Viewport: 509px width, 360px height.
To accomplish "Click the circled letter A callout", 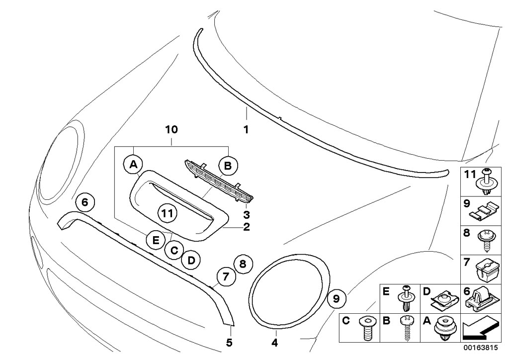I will [x=133, y=164].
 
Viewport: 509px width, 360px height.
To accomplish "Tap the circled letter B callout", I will [x=228, y=165].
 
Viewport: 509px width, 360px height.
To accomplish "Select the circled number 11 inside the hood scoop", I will [x=168, y=214].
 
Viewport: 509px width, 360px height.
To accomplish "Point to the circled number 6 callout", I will [x=85, y=202].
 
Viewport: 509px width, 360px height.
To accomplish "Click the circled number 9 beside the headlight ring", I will [x=336, y=298].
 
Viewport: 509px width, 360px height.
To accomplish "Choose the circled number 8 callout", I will [x=243, y=264].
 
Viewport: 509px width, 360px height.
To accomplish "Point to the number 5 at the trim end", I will [x=230, y=343].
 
